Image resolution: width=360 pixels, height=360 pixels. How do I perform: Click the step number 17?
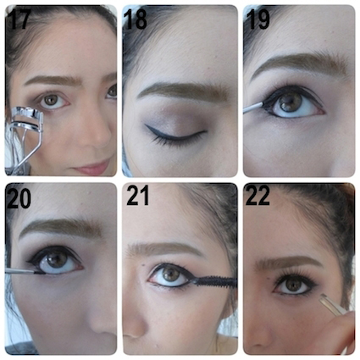(x=19, y=19)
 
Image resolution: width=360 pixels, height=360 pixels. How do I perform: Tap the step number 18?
(x=136, y=19)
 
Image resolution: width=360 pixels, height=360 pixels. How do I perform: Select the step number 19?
(x=258, y=19)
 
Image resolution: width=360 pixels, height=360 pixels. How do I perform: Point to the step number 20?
(x=19, y=199)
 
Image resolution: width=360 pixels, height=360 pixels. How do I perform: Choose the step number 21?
(x=137, y=197)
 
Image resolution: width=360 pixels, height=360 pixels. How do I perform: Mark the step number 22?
(x=258, y=197)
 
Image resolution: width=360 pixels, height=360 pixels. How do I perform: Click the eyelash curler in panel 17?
(x=23, y=140)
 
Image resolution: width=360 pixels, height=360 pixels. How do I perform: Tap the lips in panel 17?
(x=91, y=168)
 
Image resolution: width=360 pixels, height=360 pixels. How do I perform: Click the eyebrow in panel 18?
(x=183, y=91)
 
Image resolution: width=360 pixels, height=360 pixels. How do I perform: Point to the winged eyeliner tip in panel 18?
(x=146, y=125)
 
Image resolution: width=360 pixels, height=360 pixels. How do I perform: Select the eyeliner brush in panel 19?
(x=254, y=108)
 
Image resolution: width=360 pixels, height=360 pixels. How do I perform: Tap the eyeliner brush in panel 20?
(x=24, y=272)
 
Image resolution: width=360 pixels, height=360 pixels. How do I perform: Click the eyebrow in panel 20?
(x=61, y=228)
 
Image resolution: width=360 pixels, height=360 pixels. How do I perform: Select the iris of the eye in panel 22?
(x=294, y=285)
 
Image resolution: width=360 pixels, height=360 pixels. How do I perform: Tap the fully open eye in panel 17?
(x=53, y=101)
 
